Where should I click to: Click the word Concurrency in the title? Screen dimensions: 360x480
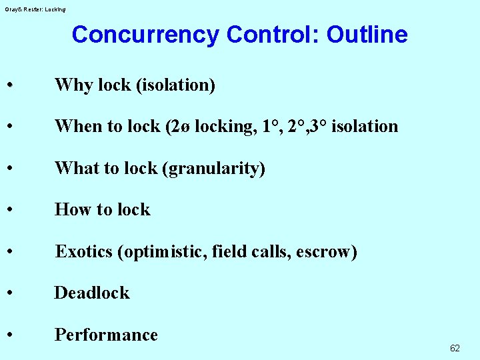coord(145,35)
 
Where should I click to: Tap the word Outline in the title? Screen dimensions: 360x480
coord(367,35)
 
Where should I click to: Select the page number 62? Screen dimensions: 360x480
coord(455,348)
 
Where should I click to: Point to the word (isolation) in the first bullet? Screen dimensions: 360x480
coord(175,85)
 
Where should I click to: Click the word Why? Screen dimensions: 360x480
coord(74,85)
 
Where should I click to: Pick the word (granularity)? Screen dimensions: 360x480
coord(214,169)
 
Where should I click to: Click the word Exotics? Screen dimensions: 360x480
coord(83,252)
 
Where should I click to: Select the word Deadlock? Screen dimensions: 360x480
coord(92,293)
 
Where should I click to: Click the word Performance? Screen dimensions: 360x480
coord(106,335)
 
